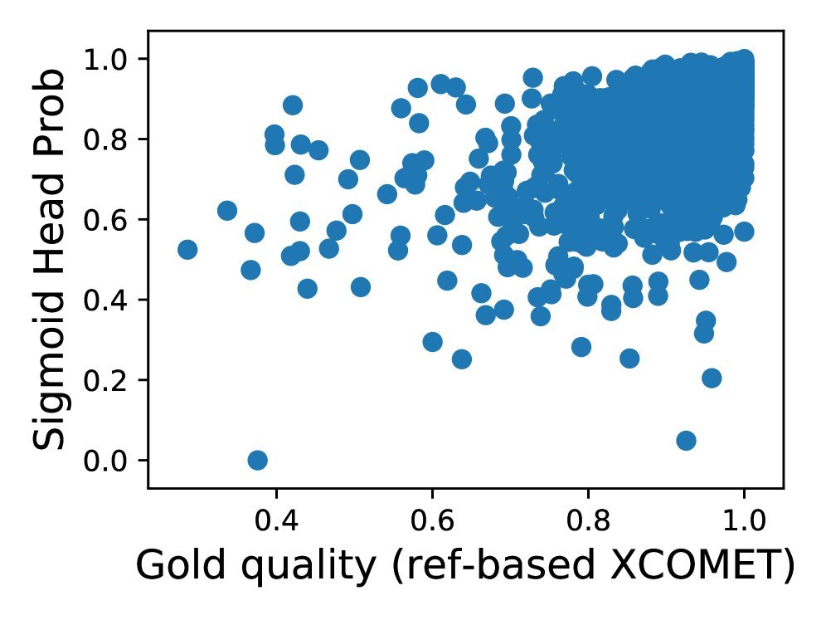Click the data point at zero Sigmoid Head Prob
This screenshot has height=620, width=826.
pyautogui.click(x=257, y=460)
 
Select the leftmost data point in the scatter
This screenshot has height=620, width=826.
pyautogui.click(x=187, y=249)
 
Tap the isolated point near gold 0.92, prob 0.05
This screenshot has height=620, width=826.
pyautogui.click(x=686, y=440)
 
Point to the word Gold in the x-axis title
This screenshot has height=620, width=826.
pyautogui.click(x=170, y=566)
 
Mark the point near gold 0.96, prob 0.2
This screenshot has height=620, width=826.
pyautogui.click(x=711, y=378)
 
